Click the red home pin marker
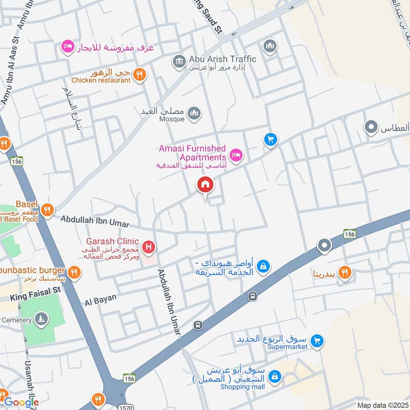point(205,184)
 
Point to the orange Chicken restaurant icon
point(139,75)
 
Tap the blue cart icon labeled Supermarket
point(317,340)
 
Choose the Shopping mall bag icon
point(275,377)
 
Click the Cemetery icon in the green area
point(41,320)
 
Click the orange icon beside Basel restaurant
point(47,210)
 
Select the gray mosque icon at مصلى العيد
point(194,113)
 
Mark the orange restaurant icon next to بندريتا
point(345,273)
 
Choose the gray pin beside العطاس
point(371,127)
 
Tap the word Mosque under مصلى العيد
point(171,119)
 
